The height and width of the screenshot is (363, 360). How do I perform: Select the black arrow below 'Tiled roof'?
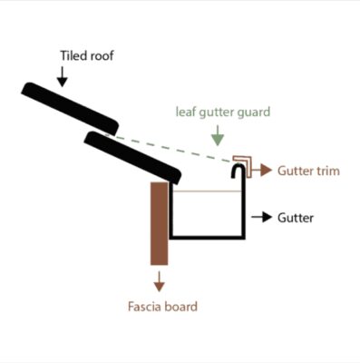62,76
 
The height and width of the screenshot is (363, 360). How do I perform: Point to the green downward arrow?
217,138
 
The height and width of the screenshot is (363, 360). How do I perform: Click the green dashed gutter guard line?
172,147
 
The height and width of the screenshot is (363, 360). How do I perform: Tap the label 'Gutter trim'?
308,171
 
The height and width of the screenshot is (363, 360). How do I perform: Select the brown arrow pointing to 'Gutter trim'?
265,171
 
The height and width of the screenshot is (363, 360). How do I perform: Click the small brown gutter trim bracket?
243,162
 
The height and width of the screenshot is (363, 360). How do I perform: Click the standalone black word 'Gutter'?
297,218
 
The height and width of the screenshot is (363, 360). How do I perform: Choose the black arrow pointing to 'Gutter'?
261,218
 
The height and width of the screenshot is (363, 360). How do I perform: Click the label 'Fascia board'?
161,306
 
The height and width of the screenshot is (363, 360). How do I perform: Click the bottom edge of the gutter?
208,238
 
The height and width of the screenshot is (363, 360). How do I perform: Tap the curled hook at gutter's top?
240,169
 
